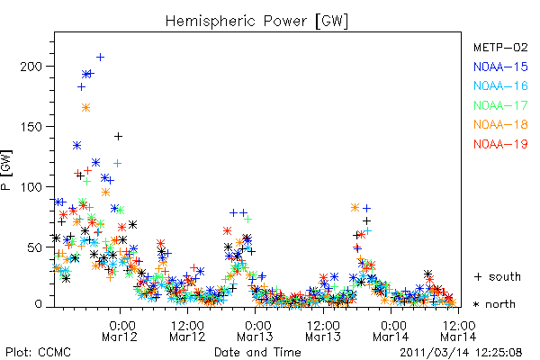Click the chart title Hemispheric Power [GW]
click(x=256, y=22)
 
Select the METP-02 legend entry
click(x=500, y=47)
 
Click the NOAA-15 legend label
click(x=500, y=67)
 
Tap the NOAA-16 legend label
click(x=500, y=85)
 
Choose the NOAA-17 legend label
click(x=500, y=105)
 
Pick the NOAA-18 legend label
click(x=500, y=124)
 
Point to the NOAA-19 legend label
click(x=500, y=144)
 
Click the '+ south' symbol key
click(x=498, y=276)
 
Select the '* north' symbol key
click(x=494, y=304)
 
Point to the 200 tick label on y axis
click(x=31, y=66)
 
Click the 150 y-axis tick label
click(x=31, y=126)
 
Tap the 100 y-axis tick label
click(x=31, y=187)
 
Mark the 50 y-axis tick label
click(x=34, y=247)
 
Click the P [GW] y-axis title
click(x=6, y=170)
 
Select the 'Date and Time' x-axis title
click(x=257, y=352)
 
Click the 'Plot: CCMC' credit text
click(x=38, y=352)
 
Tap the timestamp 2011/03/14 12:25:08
click(x=461, y=353)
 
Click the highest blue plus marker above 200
click(x=100, y=58)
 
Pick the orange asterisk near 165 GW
click(x=85, y=108)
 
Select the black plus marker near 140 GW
click(x=118, y=137)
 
